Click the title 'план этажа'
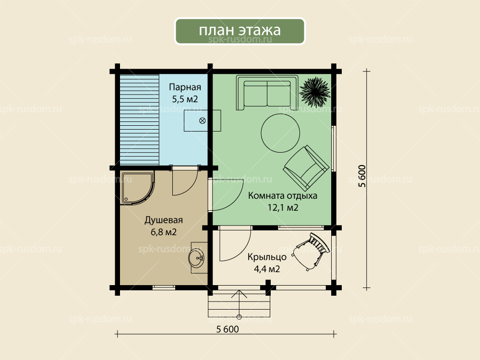pyautogui.click(x=240, y=30)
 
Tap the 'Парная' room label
pyautogui.click(x=185, y=87)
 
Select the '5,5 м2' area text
pyautogui.click(x=185, y=99)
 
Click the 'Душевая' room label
pyautogui.click(x=164, y=220)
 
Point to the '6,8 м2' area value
pyautogui.click(x=164, y=232)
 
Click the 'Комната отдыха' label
pyautogui.click(x=283, y=196)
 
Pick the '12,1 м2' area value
pyautogui.click(x=283, y=207)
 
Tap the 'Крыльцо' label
pyautogui.click(x=267, y=257)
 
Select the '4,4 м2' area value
pyautogui.click(x=267, y=269)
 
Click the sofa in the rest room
pyautogui.click(x=267, y=93)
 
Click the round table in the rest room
pyautogui.click(x=280, y=133)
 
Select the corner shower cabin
pyautogui.click(x=137, y=187)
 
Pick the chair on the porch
pyautogui.click(x=311, y=252)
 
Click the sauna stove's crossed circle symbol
pyautogui.click(x=203, y=120)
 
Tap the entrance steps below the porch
pyautogui.click(x=239, y=305)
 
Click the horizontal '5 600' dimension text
pyautogui.click(x=227, y=329)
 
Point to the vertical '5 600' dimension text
pyautogui.click(x=361, y=176)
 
